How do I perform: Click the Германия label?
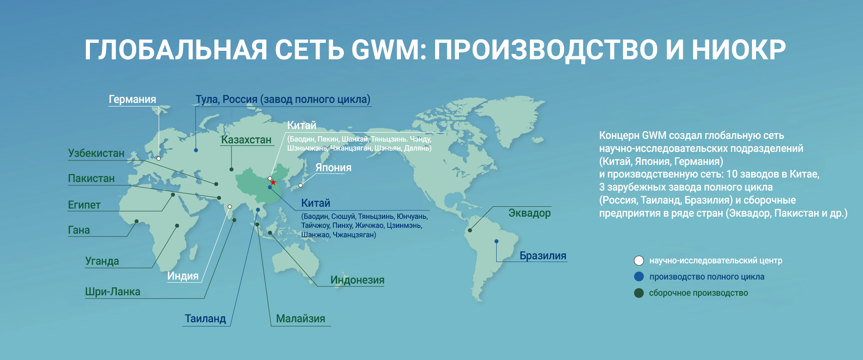(132, 99)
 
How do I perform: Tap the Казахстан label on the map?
(246, 140)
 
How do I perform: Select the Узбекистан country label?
(96, 153)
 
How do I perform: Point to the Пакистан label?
(91, 178)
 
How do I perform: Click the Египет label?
(84, 205)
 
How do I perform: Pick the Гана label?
(79, 230)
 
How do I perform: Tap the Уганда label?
(102, 261)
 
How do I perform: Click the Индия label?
(183, 276)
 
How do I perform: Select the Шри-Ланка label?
(112, 292)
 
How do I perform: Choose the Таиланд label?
(205, 319)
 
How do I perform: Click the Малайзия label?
(300, 319)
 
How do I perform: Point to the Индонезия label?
(357, 280)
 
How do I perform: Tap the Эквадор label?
(529, 213)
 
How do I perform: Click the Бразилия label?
(543, 256)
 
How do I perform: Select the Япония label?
(333, 168)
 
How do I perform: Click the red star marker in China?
(273, 182)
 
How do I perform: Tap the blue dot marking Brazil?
(496, 241)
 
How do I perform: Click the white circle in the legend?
(639, 261)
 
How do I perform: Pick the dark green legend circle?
(639, 293)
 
